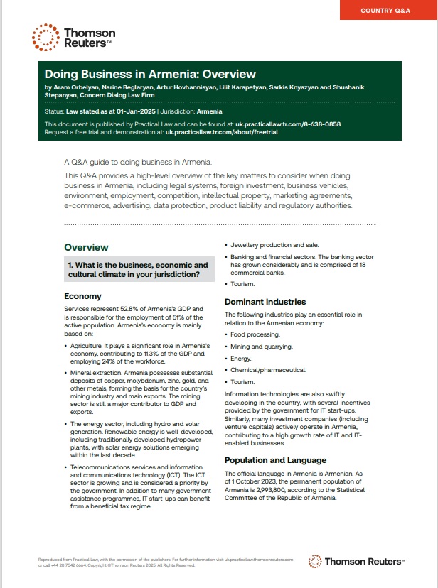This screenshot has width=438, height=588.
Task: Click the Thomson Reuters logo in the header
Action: pyautogui.click(x=72, y=38)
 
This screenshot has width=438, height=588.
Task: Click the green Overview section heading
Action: pyautogui.click(x=86, y=247)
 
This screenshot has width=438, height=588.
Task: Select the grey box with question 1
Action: pyautogui.click(x=139, y=270)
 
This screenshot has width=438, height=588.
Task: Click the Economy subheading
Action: pyautogui.click(x=82, y=296)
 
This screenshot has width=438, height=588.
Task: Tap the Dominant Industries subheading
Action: pyautogui.click(x=265, y=302)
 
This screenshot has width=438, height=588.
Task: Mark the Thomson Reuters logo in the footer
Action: pyautogui.click(x=357, y=561)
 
